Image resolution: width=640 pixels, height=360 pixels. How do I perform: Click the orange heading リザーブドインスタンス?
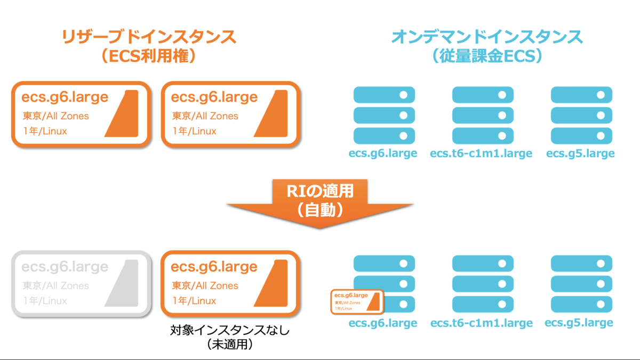coord(149,37)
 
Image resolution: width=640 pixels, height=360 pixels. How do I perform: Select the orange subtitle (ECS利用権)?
coord(149,55)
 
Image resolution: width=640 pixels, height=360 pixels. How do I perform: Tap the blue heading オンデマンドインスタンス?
coord(486,37)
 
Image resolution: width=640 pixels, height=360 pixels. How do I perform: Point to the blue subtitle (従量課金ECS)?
coord(486,55)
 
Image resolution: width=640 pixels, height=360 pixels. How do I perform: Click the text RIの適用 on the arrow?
coord(320,190)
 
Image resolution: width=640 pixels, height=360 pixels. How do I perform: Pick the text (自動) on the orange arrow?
coord(320,210)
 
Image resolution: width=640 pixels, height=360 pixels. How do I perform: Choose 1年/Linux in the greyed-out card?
coord(45,301)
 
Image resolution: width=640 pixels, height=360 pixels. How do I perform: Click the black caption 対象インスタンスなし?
coord(230,331)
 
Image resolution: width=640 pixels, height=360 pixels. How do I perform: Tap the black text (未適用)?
coord(230,345)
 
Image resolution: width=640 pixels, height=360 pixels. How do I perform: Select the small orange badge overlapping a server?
coord(356,302)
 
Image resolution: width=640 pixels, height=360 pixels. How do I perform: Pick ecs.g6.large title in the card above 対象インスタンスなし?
coord(214,267)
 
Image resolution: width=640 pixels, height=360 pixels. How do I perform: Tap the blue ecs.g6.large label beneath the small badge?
coord(383,323)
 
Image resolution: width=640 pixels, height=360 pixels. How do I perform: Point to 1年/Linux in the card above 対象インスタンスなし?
coord(194,301)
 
